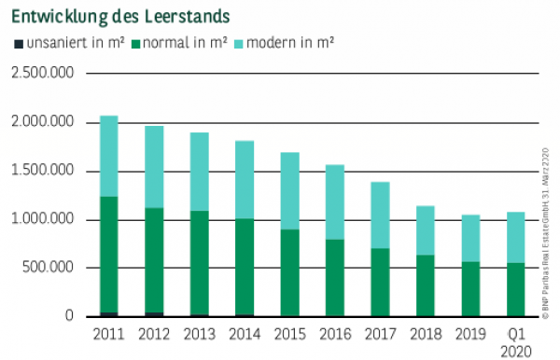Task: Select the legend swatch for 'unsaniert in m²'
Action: [x=18, y=43]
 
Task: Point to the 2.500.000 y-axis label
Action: [x=42, y=74]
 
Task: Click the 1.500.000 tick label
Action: [x=42, y=172]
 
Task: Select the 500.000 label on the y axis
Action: [x=49, y=269]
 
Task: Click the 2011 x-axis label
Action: [x=108, y=334]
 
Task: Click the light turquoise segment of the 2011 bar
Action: [x=108, y=156]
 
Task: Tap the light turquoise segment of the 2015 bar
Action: [x=289, y=190]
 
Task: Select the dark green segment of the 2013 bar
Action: [x=199, y=262]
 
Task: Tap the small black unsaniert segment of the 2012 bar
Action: [x=154, y=314]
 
